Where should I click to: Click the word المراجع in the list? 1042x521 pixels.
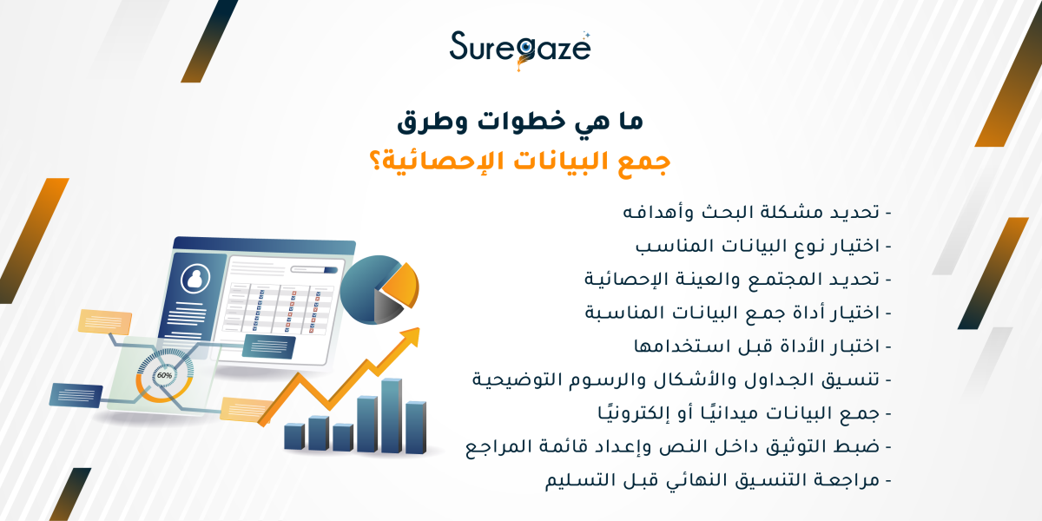click(504, 447)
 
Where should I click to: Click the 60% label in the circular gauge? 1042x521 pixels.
click(163, 376)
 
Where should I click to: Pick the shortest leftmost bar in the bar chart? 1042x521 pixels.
click(293, 437)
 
